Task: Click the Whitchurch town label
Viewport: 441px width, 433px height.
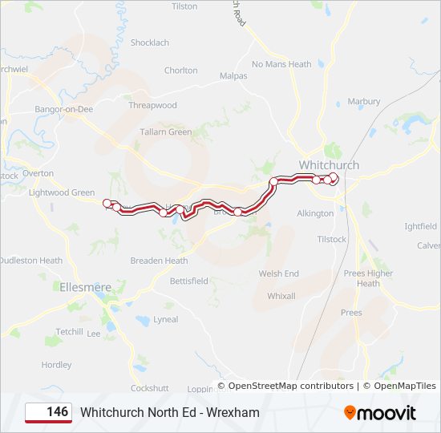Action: click(x=329, y=165)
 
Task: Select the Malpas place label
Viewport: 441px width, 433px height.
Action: click(x=233, y=75)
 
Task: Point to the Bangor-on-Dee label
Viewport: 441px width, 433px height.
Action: click(x=64, y=109)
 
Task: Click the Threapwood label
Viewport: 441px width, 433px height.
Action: click(x=152, y=105)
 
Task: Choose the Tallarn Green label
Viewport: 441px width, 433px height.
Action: click(x=166, y=132)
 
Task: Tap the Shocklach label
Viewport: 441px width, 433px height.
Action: click(x=150, y=42)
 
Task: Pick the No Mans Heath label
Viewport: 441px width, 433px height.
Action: click(x=281, y=64)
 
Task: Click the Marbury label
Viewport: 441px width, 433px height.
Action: click(x=363, y=102)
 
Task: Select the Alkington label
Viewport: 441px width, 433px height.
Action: click(x=315, y=213)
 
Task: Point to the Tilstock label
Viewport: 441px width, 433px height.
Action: click(x=332, y=239)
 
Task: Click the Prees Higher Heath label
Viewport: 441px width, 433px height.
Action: click(x=368, y=278)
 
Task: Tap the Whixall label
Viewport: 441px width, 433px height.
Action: click(x=281, y=296)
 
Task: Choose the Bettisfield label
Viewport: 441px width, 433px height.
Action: click(x=188, y=281)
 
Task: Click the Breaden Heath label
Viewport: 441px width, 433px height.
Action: click(x=159, y=261)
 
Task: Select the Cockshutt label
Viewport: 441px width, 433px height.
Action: click(x=149, y=388)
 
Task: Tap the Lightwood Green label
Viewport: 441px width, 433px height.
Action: click(x=62, y=192)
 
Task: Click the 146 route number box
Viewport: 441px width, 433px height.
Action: click(x=48, y=412)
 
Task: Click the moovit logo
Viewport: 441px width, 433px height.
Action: click(x=380, y=413)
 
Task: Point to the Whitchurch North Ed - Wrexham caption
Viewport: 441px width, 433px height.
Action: click(x=170, y=412)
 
